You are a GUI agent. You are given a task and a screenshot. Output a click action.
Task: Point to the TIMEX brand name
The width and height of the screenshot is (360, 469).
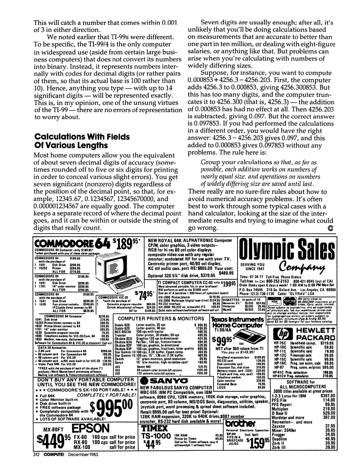coord(154,428)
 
